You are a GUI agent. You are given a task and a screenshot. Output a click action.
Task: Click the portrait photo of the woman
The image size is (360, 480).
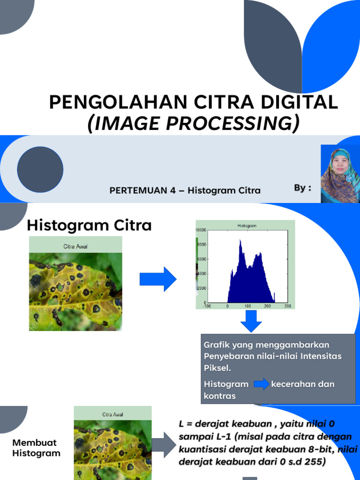[x=340, y=174]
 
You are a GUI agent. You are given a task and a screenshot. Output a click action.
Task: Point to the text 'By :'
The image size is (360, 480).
[x=302, y=188]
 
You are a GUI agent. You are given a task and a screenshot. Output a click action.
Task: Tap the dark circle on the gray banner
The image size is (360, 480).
[x=40, y=169]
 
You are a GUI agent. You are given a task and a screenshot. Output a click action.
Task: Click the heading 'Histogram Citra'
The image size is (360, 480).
[x=89, y=225]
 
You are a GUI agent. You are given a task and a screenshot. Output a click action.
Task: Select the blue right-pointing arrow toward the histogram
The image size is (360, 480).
[x=157, y=279]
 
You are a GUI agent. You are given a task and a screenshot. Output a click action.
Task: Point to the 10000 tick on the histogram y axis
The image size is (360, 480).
[x=201, y=230]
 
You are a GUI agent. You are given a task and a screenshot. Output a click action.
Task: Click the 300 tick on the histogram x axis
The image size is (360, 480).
[x=287, y=306]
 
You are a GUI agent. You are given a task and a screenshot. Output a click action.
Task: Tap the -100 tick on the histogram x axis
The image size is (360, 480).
[x=207, y=306]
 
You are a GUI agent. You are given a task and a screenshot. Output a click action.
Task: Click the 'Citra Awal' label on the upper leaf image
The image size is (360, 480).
[x=75, y=246]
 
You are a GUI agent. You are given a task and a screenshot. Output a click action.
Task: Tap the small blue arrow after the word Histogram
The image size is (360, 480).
[x=262, y=384]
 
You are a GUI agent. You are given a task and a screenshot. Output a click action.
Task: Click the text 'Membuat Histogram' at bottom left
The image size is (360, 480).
[x=36, y=448]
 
